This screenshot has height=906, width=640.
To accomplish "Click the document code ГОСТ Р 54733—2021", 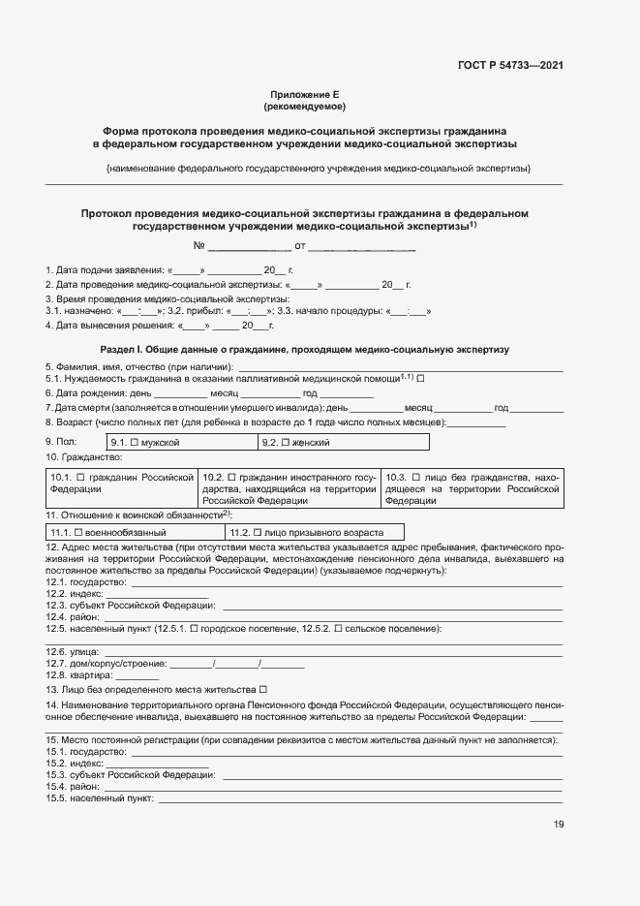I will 509,66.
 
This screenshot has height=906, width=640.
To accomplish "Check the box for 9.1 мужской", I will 136,442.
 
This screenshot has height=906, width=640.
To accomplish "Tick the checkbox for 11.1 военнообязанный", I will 79,533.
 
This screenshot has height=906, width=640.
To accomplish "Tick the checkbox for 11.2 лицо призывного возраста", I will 258,533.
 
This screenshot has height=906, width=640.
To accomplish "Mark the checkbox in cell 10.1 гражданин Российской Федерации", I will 80,478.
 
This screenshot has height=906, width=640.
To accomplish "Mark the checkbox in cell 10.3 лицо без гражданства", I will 415,478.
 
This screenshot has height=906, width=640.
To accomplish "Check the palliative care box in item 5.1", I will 420,379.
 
